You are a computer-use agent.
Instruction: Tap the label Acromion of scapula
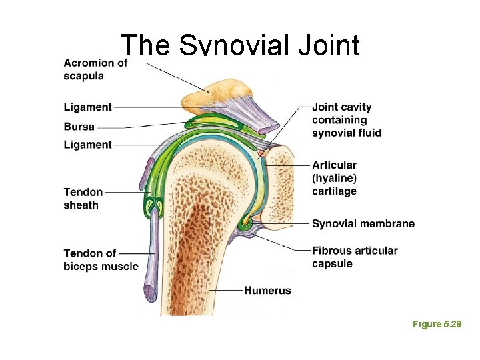point(95,69)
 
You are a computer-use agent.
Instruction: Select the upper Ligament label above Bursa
point(88,107)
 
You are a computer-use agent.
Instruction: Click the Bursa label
point(79,126)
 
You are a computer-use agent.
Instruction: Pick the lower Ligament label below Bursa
point(88,145)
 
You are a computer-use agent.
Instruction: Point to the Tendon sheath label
point(83,199)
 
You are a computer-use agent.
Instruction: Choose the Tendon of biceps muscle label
point(101,259)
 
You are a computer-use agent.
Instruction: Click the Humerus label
point(267,291)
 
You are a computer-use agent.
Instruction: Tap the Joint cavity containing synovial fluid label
point(346,120)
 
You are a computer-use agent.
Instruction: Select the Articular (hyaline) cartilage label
point(334,178)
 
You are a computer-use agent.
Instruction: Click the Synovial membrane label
point(363,223)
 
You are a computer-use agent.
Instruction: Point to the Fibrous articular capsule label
point(355,257)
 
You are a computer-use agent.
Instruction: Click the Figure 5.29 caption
point(437,324)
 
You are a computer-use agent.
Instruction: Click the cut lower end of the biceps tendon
point(150,291)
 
